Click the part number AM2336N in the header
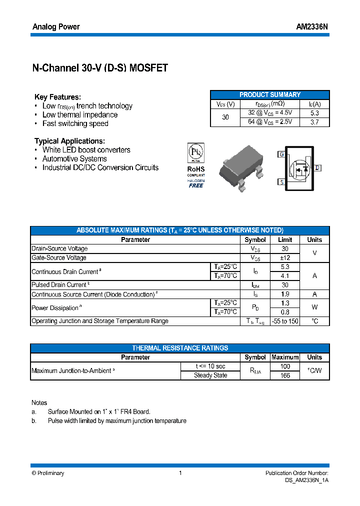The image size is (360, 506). (x=312, y=26)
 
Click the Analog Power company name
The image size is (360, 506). (x=56, y=26)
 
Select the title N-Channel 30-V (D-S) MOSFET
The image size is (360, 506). (x=100, y=68)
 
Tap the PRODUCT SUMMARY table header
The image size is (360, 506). (x=270, y=94)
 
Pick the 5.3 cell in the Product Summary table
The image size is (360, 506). (x=314, y=113)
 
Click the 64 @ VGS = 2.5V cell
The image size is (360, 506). (x=270, y=122)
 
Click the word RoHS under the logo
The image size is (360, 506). (x=196, y=169)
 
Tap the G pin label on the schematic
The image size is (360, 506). (x=281, y=154)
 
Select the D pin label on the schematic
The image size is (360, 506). (x=317, y=168)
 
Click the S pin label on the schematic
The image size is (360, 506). (x=281, y=182)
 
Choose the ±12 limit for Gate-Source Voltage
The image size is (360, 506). (x=284, y=258)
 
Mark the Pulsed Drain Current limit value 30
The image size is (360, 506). (x=284, y=285)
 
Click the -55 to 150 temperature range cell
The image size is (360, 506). (x=284, y=321)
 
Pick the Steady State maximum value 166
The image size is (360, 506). (x=284, y=375)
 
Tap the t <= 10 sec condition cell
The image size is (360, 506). (x=210, y=366)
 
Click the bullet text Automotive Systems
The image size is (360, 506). (x=74, y=159)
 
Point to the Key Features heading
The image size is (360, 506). (x=57, y=97)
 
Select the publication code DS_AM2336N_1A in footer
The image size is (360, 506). (x=303, y=480)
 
